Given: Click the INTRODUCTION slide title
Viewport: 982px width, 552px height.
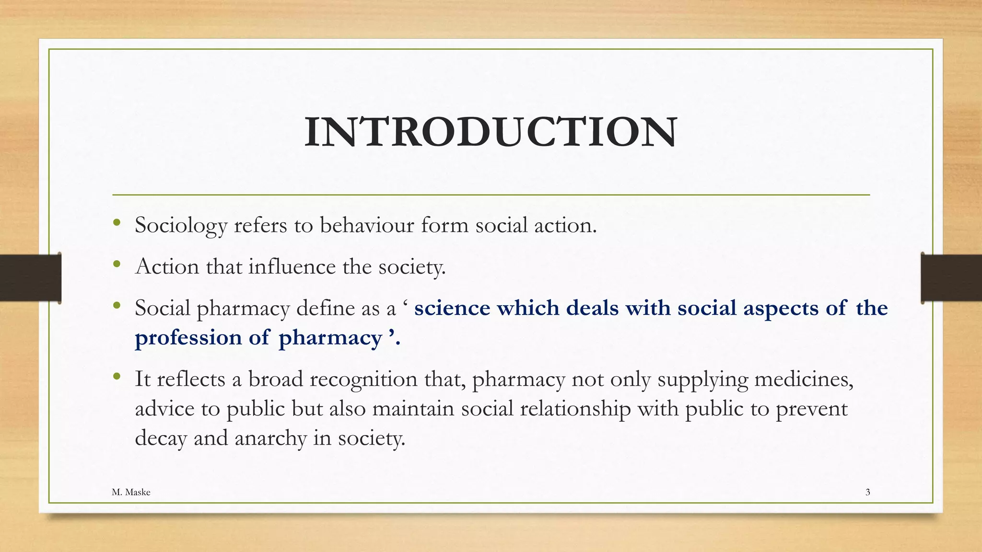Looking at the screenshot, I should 491,132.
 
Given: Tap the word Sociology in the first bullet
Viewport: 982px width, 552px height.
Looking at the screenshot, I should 181,225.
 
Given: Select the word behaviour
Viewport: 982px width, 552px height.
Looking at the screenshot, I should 367,225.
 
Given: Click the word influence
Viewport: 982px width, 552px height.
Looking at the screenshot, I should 292,266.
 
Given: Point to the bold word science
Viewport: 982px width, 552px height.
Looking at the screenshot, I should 452,308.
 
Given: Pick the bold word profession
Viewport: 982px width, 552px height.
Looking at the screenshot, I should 188,338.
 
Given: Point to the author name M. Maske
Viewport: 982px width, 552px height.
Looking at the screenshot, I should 131,492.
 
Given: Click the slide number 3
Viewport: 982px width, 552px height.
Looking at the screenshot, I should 867,492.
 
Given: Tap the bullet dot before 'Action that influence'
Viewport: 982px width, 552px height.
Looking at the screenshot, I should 117,264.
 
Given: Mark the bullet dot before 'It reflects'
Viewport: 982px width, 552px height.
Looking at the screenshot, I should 117,376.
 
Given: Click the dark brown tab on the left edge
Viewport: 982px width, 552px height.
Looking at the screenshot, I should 30,278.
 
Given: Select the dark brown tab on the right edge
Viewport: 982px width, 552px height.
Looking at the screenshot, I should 951,278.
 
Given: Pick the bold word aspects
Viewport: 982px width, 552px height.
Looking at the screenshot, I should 781,308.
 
